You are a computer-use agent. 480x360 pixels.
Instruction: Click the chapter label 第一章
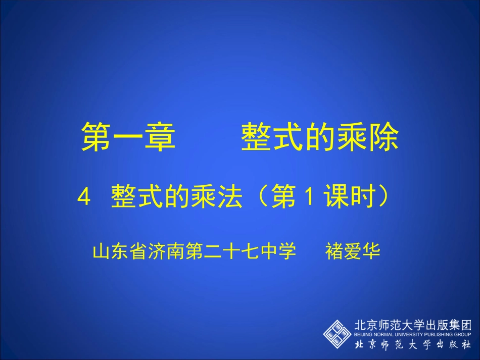click(x=128, y=136)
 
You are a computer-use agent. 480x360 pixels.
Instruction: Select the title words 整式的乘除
click(x=320, y=136)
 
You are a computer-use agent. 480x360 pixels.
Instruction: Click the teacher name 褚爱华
click(x=353, y=251)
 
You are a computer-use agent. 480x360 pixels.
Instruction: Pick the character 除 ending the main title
click(x=383, y=136)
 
